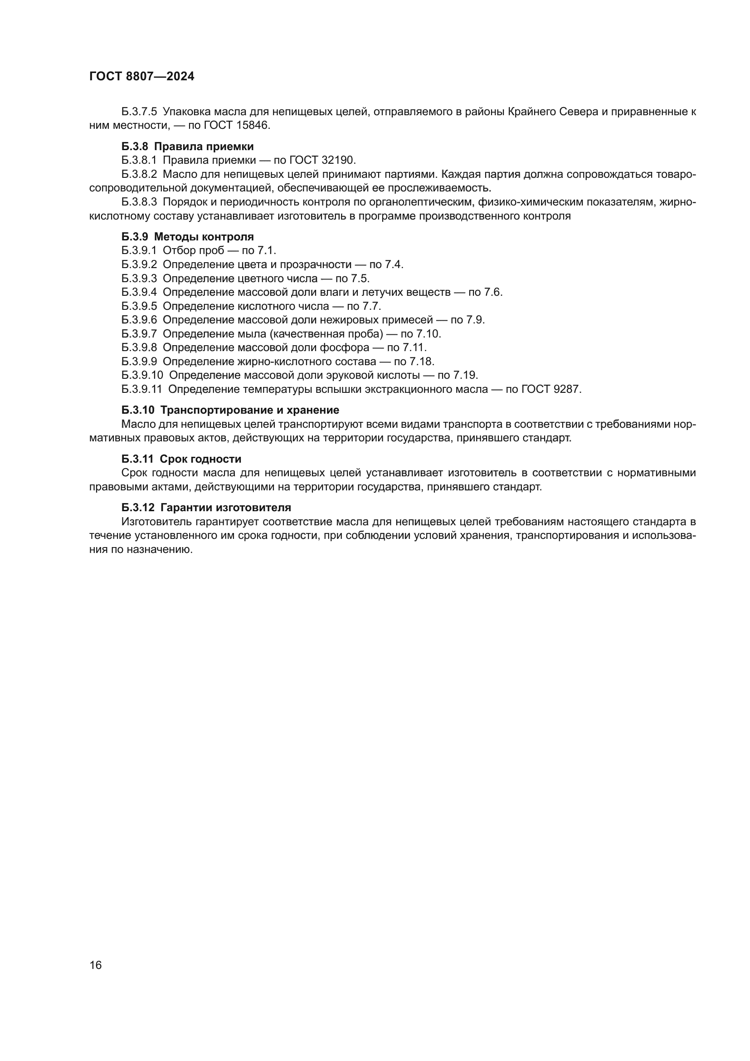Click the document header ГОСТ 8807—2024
(142, 77)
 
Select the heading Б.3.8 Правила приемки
(188, 147)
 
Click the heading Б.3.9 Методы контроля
(188, 237)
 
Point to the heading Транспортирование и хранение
(250, 410)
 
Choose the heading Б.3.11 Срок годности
(181, 459)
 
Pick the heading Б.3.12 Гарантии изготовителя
(206, 508)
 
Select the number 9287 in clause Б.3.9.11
(567, 389)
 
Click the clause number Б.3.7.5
(139, 112)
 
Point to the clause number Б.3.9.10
(142, 375)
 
